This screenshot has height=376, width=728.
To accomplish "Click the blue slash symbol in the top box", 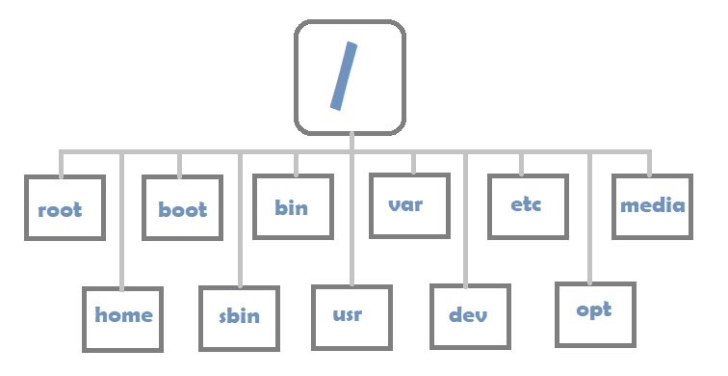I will click(344, 75).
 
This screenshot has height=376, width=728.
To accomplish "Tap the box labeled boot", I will click(181, 208).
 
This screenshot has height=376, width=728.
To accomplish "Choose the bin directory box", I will click(293, 205).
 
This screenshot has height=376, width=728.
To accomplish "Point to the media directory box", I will click(652, 205).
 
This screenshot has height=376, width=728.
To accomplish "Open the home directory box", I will click(122, 315).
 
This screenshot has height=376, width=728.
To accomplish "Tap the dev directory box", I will click(469, 316).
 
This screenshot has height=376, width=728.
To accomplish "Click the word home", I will click(123, 315).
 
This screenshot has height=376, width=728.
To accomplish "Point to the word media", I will click(652, 205).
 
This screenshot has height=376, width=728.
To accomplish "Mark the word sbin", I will click(239, 316).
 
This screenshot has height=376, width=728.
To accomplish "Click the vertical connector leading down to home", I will click(121, 222).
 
